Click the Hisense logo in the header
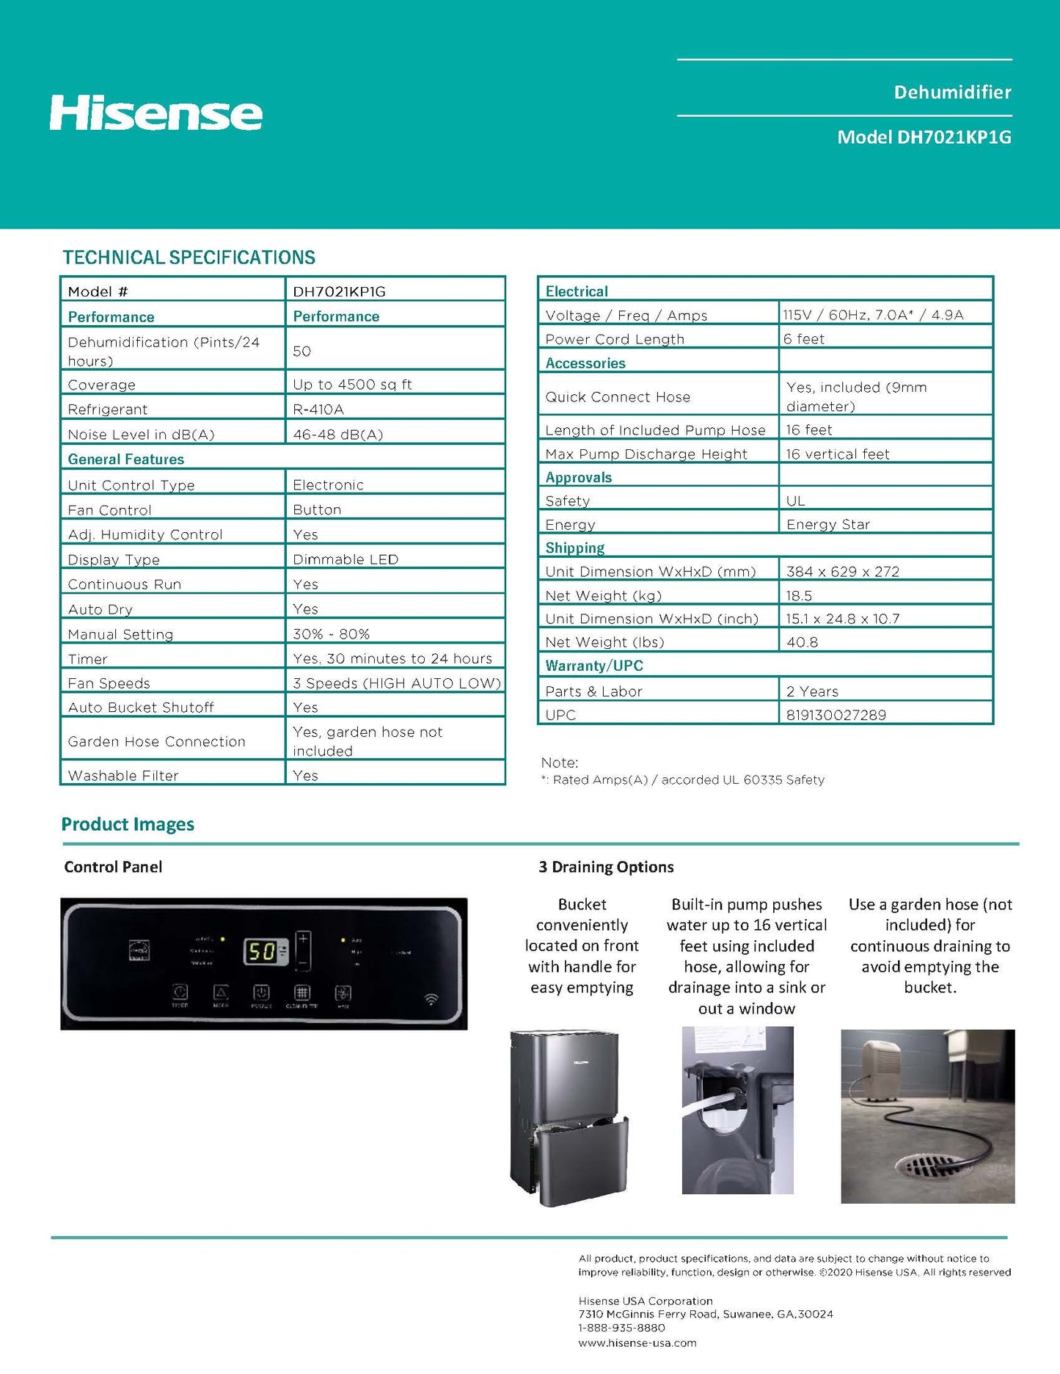[156, 113]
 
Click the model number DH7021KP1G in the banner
[924, 137]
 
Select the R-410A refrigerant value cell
[318, 409]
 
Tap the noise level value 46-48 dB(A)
[337, 434]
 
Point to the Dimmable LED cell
[346, 559]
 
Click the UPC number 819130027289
[836, 715]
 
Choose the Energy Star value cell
[827, 524]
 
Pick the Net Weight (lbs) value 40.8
[802, 642]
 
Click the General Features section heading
[126, 459]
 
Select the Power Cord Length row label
[615, 339]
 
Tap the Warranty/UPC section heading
[594, 666]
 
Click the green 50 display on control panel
[261, 952]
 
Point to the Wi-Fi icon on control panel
[431, 999]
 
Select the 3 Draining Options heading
[606, 867]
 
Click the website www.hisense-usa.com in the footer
[637, 1343]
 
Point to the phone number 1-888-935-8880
[621, 1328]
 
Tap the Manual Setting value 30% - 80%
[331, 634]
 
